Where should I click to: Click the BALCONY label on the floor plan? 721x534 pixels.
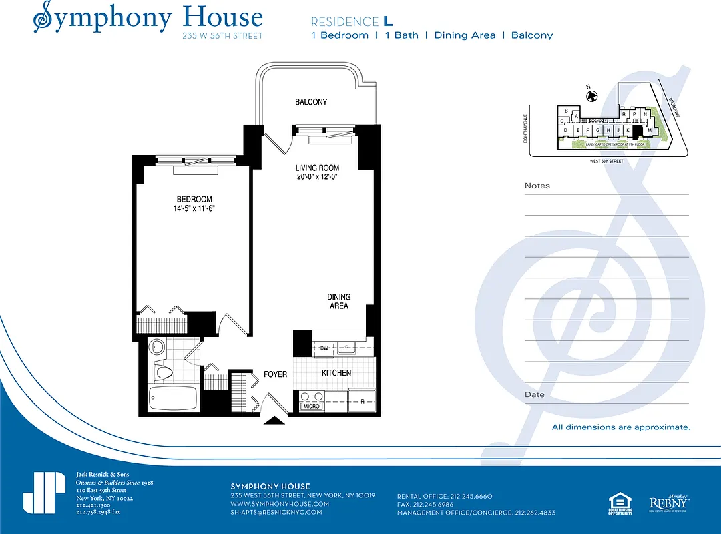coord(311,102)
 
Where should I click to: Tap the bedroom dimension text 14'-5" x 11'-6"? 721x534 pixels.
coord(194,208)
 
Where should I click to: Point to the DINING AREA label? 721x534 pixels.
coord(338,301)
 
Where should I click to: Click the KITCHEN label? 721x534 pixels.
coord(336,373)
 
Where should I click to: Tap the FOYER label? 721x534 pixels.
coord(275,374)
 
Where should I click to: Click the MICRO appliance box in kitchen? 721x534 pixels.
coord(311,406)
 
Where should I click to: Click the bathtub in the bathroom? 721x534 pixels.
coord(172,398)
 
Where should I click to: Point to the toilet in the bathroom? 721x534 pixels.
coord(163,371)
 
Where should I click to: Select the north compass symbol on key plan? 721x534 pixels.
coord(591,96)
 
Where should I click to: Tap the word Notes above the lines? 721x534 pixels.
coord(537,186)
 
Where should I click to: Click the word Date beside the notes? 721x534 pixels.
coord(534,394)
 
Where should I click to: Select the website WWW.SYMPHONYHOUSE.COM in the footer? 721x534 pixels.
coord(280,504)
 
